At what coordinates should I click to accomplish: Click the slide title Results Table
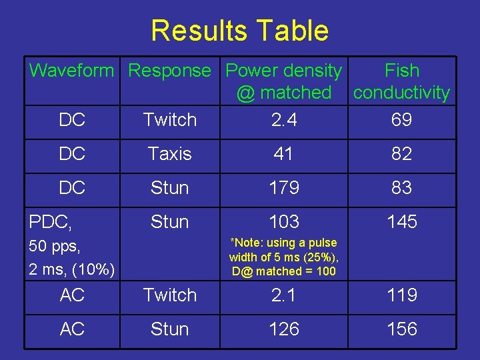pos(239,31)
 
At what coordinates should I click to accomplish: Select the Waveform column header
pos(72,70)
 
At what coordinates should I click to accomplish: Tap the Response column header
pos(169,70)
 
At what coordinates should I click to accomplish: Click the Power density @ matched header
pos(284,81)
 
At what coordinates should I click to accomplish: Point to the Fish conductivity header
pos(402,81)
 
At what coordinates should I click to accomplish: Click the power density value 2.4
pos(284,120)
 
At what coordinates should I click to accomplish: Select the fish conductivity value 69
pos(402,120)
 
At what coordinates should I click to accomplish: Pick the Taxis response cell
pos(169,154)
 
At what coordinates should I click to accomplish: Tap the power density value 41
pos(284,154)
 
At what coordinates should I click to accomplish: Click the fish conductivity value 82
pos(402,154)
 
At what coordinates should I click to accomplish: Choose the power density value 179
pos(284,188)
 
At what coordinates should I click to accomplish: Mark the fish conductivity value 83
pos(402,188)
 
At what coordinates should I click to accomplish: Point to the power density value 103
pos(284,221)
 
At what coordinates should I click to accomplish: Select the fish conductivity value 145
pos(402,221)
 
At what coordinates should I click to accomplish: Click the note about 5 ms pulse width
pos(284,257)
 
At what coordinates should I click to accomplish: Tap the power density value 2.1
pos(284,295)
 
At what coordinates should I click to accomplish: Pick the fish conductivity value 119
pos(402,295)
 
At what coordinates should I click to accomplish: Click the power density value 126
pos(284,329)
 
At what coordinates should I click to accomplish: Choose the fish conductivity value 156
pos(402,329)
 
